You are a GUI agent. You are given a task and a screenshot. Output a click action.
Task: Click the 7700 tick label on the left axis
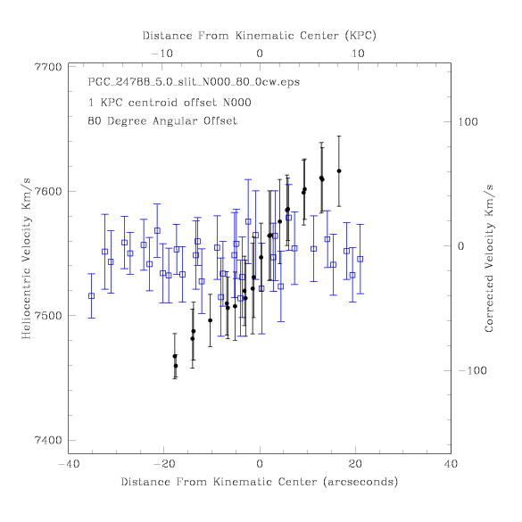click(48, 67)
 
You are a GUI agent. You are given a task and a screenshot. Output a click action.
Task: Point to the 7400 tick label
click(48, 440)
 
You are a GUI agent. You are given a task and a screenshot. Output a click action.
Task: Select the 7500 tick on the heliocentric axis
click(48, 315)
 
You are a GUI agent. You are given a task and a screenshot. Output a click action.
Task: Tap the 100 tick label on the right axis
click(468, 122)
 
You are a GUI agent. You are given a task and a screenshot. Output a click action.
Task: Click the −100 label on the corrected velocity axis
click(472, 370)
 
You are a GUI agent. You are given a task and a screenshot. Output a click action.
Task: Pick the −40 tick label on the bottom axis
click(69, 464)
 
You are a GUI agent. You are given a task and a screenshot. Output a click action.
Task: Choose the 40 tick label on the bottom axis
click(451, 464)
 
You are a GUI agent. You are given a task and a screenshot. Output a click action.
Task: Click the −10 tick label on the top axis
click(162, 54)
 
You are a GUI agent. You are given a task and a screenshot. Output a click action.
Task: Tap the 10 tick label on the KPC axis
click(358, 54)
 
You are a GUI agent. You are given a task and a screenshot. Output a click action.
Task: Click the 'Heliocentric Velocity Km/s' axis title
click(26, 259)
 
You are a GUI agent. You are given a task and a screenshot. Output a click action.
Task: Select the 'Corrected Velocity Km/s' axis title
click(489, 259)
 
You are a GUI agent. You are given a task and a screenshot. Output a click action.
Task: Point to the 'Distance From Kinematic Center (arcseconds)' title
click(260, 482)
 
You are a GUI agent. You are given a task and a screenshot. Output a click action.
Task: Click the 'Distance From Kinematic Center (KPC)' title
click(260, 36)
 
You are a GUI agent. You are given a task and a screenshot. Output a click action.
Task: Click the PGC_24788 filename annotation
click(194, 82)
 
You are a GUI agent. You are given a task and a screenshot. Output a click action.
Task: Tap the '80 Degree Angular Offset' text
click(162, 120)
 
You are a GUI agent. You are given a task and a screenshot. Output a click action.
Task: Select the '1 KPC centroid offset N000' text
click(170, 103)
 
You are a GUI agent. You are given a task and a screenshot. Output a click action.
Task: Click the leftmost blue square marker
click(91, 296)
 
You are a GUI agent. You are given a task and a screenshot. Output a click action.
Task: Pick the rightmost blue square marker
click(360, 259)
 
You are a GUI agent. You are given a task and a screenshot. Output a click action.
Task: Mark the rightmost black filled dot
click(339, 170)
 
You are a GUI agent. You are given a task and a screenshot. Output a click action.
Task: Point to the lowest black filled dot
click(176, 366)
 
